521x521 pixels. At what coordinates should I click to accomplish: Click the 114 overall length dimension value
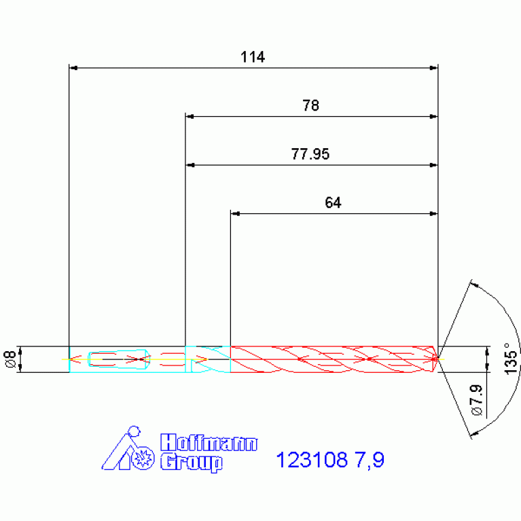click(253, 57)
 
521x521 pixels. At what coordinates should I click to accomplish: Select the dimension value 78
click(310, 106)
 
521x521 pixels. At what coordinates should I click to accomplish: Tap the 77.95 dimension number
click(310, 154)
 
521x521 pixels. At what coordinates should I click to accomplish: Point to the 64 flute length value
click(333, 202)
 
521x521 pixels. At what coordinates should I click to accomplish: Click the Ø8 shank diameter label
click(10, 359)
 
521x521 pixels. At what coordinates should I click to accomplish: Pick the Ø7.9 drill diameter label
click(476, 399)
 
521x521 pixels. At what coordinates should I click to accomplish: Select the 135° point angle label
click(511, 359)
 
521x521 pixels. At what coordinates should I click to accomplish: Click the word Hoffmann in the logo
click(209, 443)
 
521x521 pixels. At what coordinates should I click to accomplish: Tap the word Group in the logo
click(192, 463)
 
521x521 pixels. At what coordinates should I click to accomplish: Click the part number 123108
click(312, 460)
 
